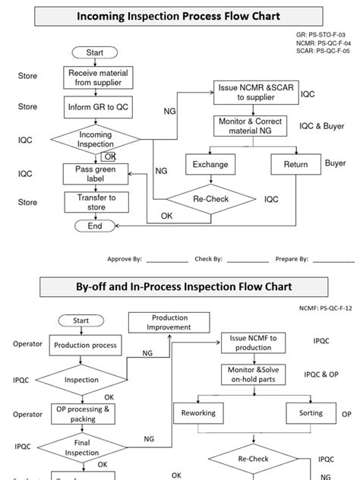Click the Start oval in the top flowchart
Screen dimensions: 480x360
95,52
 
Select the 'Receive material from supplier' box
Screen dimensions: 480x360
95,77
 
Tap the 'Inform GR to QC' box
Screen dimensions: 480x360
95,108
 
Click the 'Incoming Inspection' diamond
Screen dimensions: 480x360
95,140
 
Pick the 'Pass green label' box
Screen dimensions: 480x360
95,174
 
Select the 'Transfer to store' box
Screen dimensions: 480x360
95,202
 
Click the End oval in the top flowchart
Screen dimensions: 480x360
95,226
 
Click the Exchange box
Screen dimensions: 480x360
210,164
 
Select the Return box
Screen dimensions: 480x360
295,164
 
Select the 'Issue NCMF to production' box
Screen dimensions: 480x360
252,343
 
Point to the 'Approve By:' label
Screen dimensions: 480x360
125,259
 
